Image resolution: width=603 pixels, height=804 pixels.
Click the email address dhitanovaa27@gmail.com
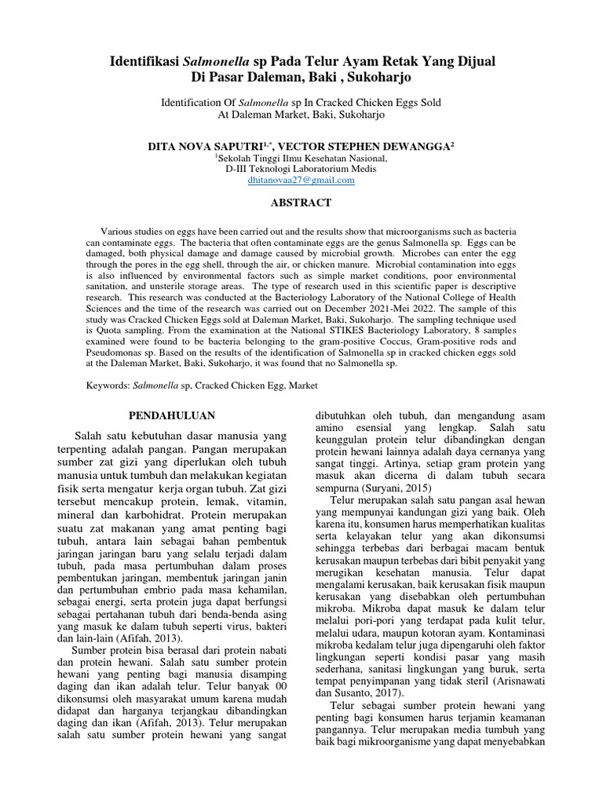(301, 180)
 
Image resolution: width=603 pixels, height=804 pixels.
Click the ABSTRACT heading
(301, 203)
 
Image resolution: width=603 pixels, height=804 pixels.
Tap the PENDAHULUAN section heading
(172, 415)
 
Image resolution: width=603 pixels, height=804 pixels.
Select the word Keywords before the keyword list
(107, 386)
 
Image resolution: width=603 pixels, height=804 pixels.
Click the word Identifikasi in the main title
(142, 62)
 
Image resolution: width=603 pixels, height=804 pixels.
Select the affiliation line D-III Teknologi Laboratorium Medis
(301, 168)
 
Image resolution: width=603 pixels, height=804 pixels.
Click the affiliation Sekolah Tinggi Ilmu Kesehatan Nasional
(302, 157)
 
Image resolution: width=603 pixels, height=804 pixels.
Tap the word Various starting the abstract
(119, 233)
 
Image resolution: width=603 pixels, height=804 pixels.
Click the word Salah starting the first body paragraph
(89, 436)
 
